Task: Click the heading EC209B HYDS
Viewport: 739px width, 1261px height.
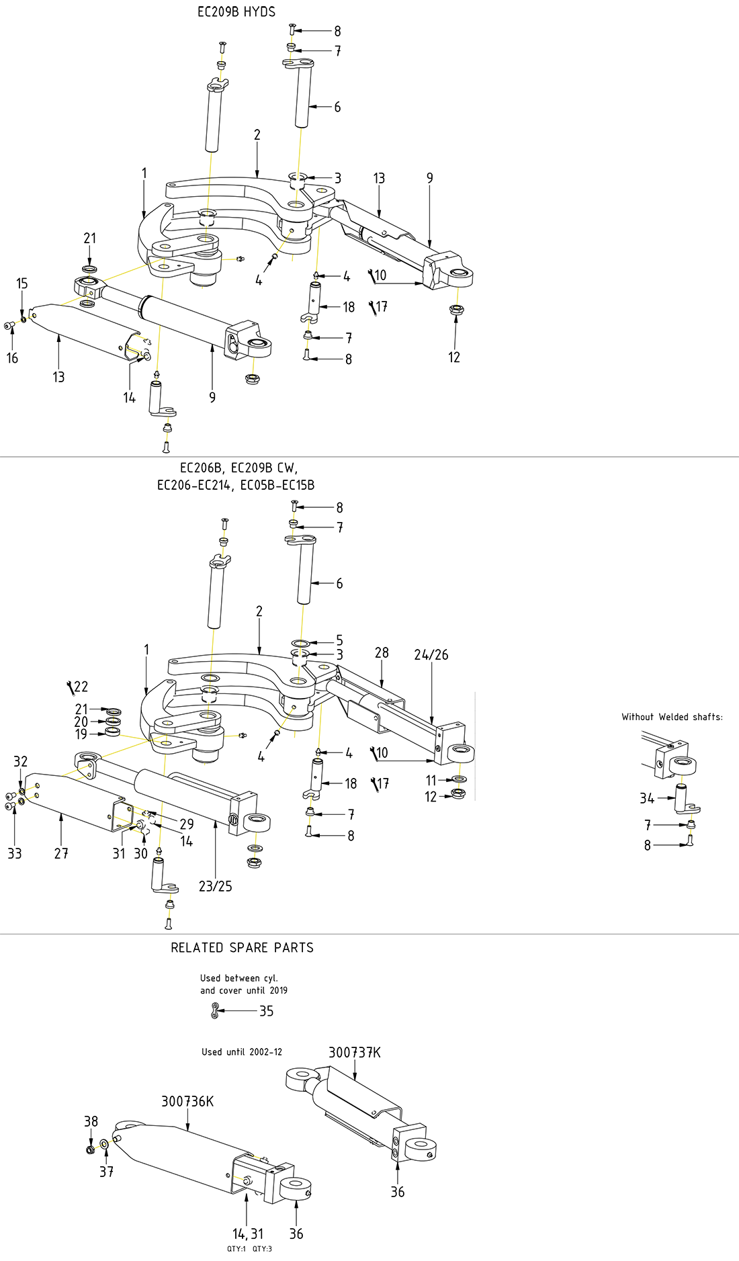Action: click(236, 12)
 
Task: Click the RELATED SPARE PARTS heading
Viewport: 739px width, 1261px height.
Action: click(242, 948)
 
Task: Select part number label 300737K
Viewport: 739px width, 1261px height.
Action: click(354, 1053)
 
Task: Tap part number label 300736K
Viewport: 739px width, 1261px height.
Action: click(187, 1102)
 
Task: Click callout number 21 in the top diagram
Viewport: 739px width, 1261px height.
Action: click(90, 238)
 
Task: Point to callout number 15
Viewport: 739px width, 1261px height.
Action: click(22, 284)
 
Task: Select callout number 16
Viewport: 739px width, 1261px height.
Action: click(12, 359)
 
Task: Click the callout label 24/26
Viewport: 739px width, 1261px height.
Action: click(431, 655)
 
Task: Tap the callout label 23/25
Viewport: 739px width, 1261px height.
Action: click(215, 887)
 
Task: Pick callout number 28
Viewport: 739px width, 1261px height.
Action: click(382, 653)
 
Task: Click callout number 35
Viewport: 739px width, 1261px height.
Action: click(266, 1012)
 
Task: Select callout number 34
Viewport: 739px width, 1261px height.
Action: click(646, 799)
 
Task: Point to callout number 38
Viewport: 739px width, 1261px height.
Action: click(91, 1122)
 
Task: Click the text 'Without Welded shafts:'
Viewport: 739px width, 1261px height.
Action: click(672, 718)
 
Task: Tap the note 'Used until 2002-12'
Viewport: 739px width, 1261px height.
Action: click(242, 1052)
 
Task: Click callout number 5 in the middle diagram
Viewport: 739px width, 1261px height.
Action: click(339, 641)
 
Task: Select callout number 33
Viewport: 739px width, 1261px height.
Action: click(14, 854)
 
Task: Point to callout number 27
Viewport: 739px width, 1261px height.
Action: click(61, 854)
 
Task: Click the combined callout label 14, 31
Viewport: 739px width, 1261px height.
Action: click(248, 1234)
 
